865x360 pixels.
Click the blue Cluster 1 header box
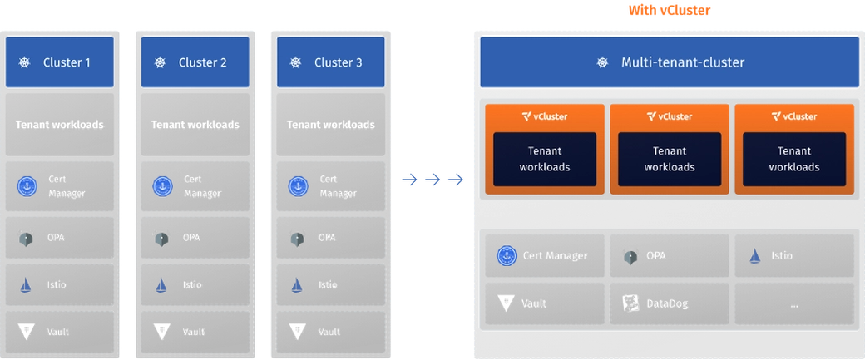coord(59,62)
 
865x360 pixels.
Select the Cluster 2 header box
coord(195,62)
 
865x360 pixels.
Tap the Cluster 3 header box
coord(330,62)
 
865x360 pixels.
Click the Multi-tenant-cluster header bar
coord(670,62)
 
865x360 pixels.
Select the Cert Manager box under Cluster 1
coord(59,186)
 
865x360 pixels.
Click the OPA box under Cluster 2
coord(195,237)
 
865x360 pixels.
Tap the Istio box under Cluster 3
coord(330,284)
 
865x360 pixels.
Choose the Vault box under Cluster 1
coord(59,332)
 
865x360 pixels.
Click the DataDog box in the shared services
coord(670,303)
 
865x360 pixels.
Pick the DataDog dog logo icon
coord(630,303)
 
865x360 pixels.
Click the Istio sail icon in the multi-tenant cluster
coord(754,256)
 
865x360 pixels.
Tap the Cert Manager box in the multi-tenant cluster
coord(545,256)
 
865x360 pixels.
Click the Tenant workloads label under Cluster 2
coord(195,125)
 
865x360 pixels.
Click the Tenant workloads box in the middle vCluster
coord(670,159)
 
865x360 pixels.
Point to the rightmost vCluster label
coord(794,116)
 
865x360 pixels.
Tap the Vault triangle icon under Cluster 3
coord(297,332)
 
